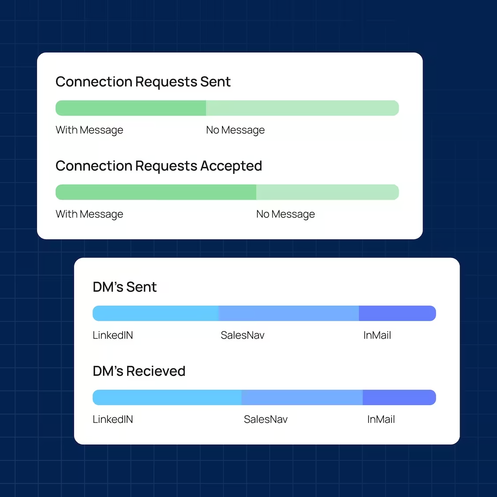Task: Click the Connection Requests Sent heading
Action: coord(143,82)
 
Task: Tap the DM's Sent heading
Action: coord(125,287)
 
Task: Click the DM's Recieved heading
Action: coord(139,371)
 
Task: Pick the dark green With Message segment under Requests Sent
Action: coord(130,108)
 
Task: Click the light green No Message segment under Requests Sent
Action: coord(302,108)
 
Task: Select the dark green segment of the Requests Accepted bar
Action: coord(156,192)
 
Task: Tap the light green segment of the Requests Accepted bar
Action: coord(327,192)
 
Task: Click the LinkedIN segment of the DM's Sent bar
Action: coord(156,313)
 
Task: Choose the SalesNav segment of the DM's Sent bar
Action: coord(289,313)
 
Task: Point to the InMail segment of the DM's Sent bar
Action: coord(397,313)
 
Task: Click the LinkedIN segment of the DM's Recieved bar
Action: coord(167,397)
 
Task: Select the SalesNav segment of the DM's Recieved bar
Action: coord(302,397)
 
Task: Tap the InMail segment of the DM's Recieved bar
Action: coord(399,397)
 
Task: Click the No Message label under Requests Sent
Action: coord(235,130)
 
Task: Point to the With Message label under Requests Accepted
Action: coord(89,214)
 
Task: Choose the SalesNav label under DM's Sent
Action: coord(242,335)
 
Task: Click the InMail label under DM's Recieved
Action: coord(381,419)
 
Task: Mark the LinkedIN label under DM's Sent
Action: coord(113,335)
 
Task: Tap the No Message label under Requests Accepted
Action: coord(286,214)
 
